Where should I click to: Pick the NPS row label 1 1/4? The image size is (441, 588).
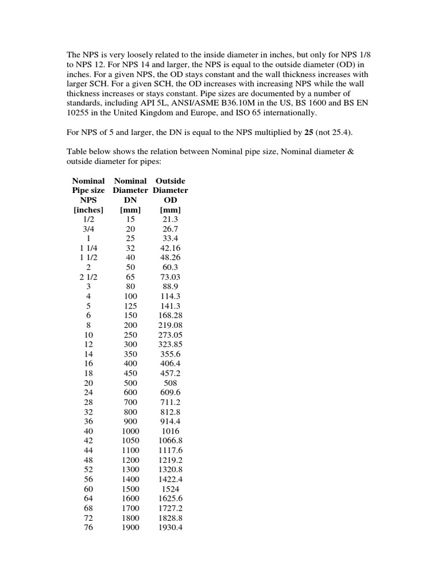tap(88, 248)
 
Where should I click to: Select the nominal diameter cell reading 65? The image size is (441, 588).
tap(130, 277)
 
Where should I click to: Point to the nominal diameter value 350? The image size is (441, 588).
tap(130, 354)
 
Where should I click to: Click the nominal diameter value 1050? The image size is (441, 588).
tap(130, 441)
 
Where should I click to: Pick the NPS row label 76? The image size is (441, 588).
tap(88, 527)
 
